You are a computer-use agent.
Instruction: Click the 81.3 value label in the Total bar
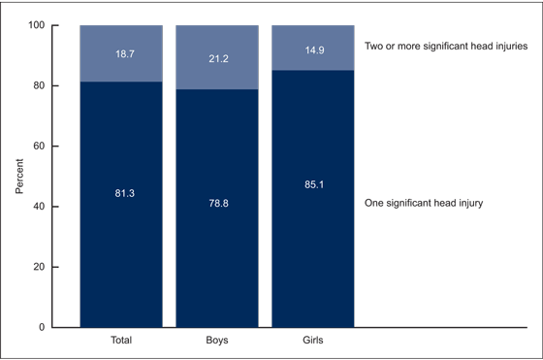coord(121,193)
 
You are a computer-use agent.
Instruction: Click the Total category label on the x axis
coord(121,341)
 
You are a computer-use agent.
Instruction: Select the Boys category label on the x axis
coord(216,341)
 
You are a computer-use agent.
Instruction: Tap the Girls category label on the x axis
coord(312,341)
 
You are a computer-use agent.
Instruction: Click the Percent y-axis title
coord(19,176)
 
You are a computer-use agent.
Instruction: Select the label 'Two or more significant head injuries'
coord(445,46)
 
